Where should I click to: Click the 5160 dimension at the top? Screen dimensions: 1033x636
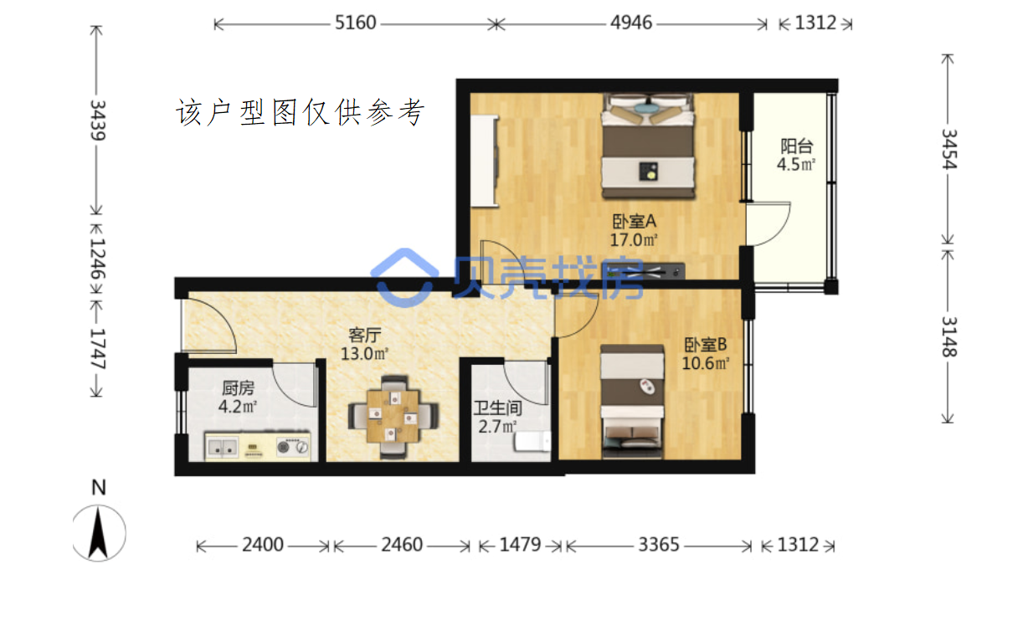coord(355,23)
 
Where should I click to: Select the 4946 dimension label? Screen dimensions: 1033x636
coord(631,23)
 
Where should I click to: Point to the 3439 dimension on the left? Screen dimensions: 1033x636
coord(98,121)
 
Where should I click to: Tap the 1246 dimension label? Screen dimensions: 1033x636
coord(98,259)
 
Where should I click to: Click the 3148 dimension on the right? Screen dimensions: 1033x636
coord(949,336)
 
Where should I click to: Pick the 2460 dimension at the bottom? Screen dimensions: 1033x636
coord(402,545)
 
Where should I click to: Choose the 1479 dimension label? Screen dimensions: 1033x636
coord(520,545)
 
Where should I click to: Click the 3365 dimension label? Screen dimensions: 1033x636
coord(659,545)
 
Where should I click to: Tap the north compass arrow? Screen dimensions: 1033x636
coord(98,532)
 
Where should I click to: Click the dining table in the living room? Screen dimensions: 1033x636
coord(393,416)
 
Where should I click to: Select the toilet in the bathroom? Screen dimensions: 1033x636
coord(532,441)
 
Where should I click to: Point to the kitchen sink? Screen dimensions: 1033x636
coord(223,447)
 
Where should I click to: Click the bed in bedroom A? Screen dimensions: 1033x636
coord(648,146)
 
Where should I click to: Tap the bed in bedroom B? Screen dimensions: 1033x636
coord(632,402)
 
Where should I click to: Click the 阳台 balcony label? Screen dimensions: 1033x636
coord(796,146)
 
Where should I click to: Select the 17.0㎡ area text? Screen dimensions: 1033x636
coord(634,239)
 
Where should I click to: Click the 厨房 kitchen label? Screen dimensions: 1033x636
coord(238,388)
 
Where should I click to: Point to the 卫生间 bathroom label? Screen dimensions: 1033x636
coord(497,408)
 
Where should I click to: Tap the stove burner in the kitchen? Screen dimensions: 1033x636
coord(283,447)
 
